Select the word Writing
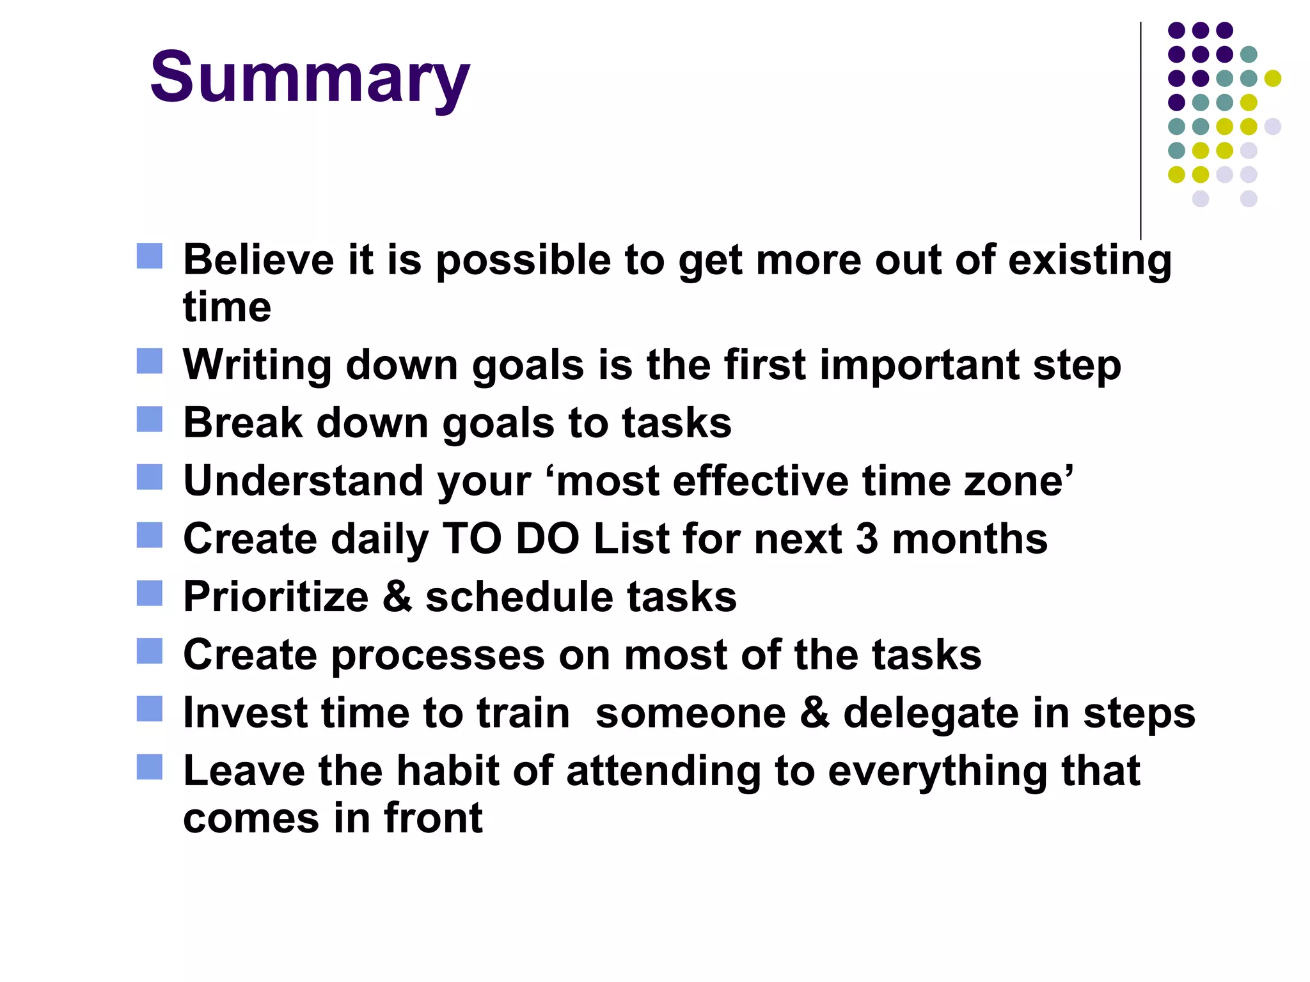click(256, 366)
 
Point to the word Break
click(242, 423)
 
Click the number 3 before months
click(867, 538)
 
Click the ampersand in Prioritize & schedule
click(397, 596)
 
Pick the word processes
click(438, 656)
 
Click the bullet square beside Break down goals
click(150, 419)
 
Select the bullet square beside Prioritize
click(150, 593)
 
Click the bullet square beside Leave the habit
click(150, 767)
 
